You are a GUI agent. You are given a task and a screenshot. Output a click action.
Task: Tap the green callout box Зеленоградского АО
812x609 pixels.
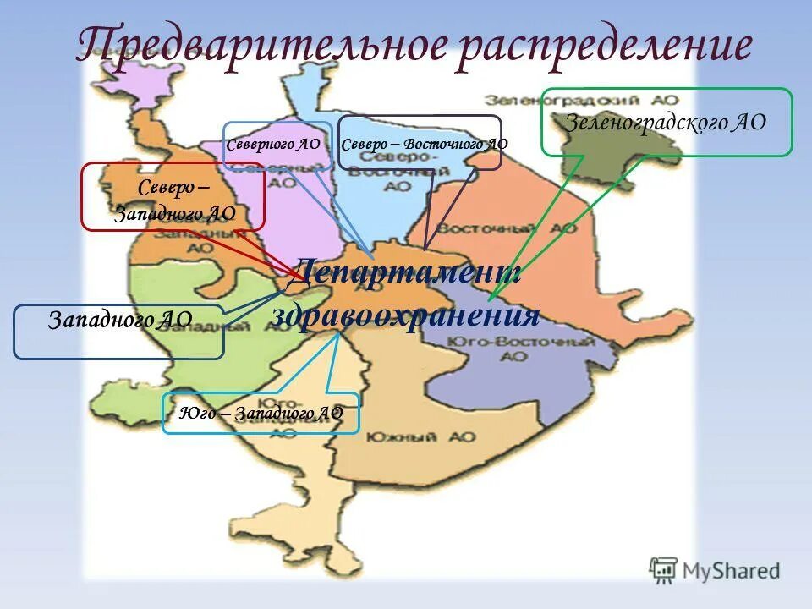click(x=666, y=122)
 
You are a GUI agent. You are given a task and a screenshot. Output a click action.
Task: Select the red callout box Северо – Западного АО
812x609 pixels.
click(x=173, y=196)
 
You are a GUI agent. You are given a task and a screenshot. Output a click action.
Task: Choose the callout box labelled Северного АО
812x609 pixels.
click(x=274, y=145)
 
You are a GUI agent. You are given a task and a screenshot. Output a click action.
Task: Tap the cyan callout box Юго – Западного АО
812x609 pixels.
click(x=261, y=413)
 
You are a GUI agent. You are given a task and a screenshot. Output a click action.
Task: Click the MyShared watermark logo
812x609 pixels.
click(x=715, y=570)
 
